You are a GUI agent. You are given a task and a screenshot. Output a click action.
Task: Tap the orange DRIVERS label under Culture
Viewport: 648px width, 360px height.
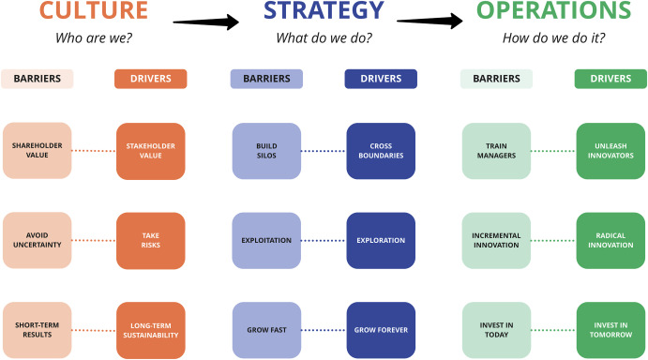coord(151,80)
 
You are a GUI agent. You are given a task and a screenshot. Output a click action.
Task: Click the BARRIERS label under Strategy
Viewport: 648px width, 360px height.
coord(265,80)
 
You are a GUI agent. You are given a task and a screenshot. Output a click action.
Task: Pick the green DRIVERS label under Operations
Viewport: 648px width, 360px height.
coord(609,80)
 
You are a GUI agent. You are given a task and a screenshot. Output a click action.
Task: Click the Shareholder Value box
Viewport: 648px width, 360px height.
coord(38,150)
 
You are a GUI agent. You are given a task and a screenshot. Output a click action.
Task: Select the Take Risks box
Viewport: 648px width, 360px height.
coord(151,240)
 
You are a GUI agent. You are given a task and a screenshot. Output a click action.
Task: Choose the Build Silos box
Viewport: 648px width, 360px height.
coord(265,150)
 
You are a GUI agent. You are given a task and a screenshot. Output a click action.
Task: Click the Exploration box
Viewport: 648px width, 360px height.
coord(380,240)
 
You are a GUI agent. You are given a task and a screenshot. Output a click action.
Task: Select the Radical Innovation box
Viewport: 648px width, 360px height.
coord(609,240)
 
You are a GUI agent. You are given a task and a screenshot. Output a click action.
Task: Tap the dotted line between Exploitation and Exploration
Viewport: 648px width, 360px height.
coord(323,240)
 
